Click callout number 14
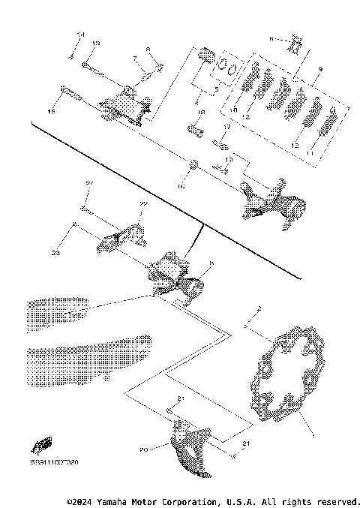(x=82, y=35)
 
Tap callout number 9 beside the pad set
(x=320, y=69)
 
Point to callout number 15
(x=52, y=111)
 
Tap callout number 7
(x=134, y=58)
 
